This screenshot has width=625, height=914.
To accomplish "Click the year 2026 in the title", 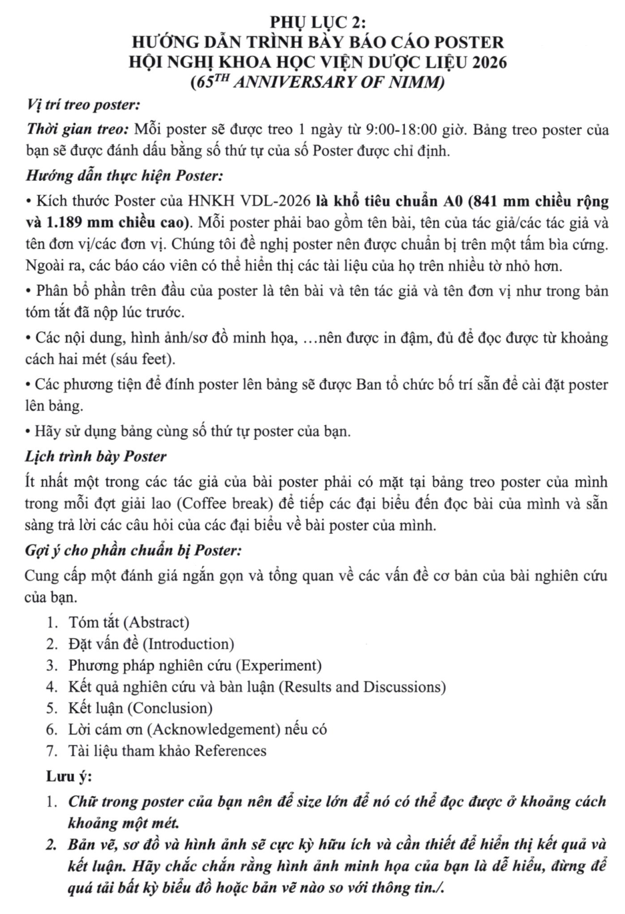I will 488,62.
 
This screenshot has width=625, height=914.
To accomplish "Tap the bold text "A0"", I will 452,201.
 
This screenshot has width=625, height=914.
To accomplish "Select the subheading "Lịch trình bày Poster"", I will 96,456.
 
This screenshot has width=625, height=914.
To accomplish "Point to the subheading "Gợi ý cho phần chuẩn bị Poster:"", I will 133,550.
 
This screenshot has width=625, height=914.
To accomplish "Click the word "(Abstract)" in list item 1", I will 157,622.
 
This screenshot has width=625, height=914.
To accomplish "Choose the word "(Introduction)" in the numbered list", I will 191,644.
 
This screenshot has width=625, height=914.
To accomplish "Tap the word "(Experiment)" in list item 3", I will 280,665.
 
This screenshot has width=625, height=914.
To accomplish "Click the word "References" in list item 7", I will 230,751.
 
